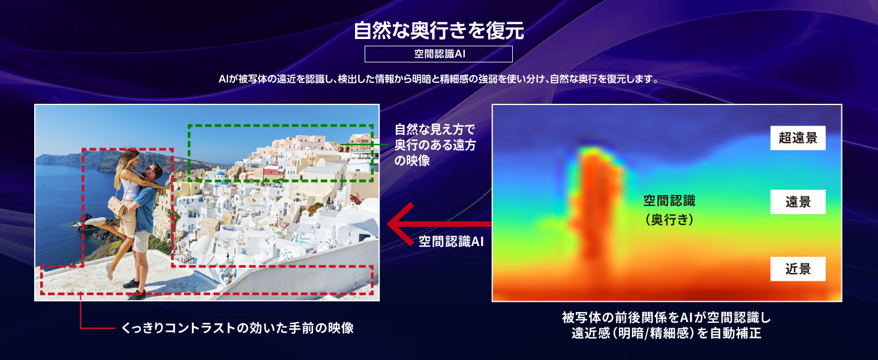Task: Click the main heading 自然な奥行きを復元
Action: coord(438,31)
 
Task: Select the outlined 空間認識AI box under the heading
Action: coord(438,54)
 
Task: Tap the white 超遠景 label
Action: coord(798,137)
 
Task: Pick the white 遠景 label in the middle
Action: coord(798,202)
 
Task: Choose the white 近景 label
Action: coord(798,269)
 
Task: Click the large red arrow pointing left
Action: coord(439,224)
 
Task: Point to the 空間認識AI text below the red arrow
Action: coord(451,241)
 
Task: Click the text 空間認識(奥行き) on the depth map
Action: coord(669,210)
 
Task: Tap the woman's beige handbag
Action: coord(116,205)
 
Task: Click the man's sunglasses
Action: coord(150,170)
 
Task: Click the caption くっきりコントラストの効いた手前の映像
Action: coord(237,328)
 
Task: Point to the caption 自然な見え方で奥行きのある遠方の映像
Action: coord(435,145)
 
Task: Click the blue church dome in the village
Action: coord(221,173)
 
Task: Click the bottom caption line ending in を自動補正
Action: coord(666,333)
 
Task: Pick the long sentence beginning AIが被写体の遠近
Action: coord(438,79)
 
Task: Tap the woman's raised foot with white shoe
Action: coord(95,221)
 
